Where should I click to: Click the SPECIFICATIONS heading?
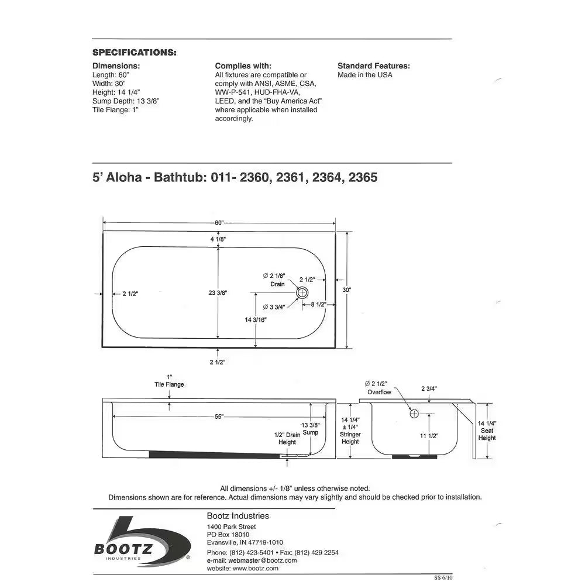[135, 53]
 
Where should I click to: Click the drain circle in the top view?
[302, 292]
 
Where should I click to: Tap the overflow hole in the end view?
[414, 414]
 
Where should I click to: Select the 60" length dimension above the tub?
[219, 223]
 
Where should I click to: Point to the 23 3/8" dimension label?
[218, 292]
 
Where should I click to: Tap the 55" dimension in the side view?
[219, 416]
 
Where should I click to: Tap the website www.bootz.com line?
[243, 568]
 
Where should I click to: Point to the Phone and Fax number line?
[273, 552]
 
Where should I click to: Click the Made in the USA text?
[365, 75]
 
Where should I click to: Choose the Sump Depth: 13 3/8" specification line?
[126, 101]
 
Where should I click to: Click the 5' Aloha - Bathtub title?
[235, 177]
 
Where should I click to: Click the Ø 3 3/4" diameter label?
[274, 307]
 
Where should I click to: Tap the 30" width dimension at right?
[347, 290]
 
